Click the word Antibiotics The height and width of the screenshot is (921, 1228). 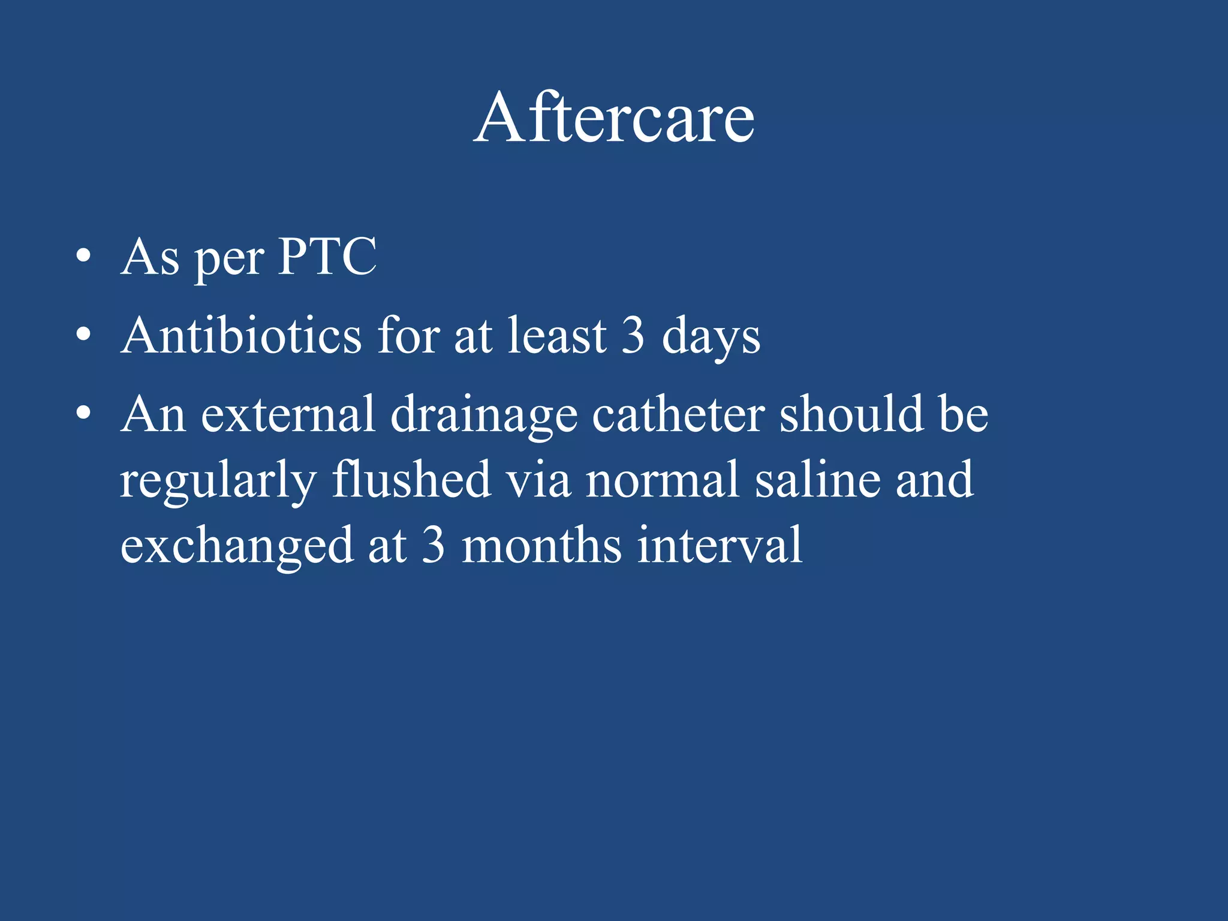[x=241, y=335]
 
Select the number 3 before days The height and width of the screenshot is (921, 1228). [x=633, y=335]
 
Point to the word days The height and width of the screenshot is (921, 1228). [x=711, y=338]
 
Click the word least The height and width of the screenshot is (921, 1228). [x=557, y=335]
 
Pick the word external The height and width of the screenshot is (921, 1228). [x=288, y=414]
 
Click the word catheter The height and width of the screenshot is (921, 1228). [x=678, y=414]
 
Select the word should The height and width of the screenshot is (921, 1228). [x=851, y=414]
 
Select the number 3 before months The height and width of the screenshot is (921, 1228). [x=433, y=545]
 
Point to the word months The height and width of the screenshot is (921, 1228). [x=541, y=545]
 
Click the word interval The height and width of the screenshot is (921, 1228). [x=719, y=545]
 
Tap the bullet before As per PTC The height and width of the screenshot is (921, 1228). [x=83, y=257]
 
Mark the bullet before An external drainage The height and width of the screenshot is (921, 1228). [x=83, y=414]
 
